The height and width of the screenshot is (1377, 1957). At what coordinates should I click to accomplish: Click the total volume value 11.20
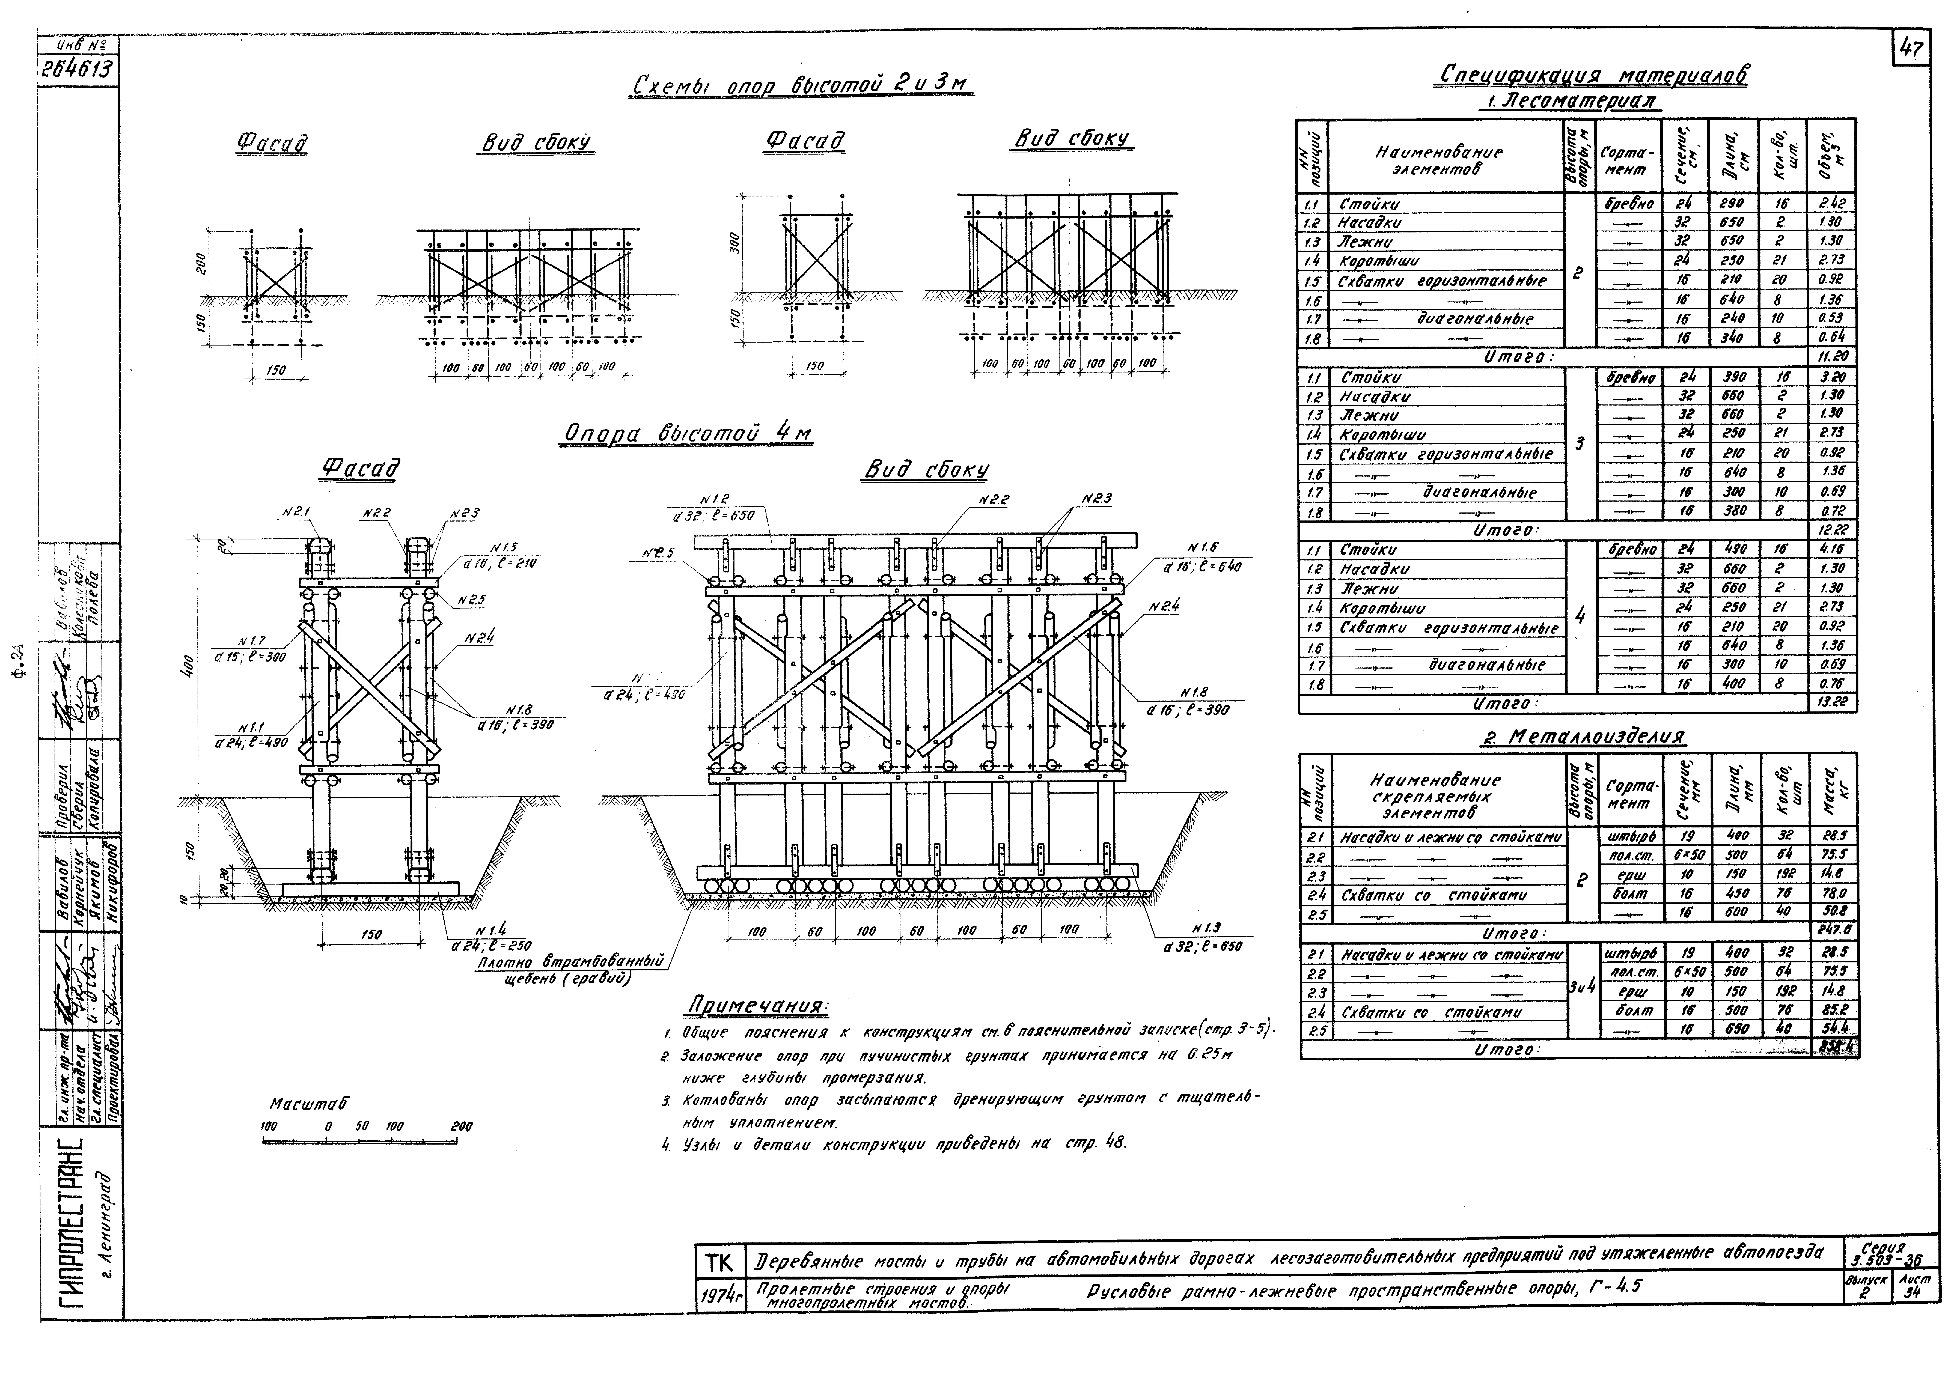[x=1830, y=356]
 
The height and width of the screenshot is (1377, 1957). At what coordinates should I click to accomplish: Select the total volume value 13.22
[x=1830, y=702]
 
